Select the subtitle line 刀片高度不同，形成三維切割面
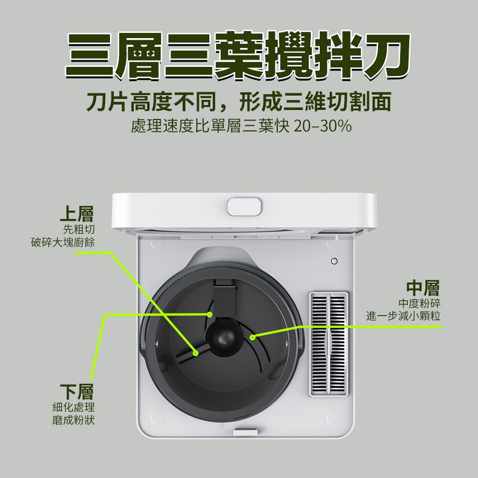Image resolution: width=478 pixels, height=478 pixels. pos(238,101)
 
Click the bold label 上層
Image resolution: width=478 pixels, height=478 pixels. pos(76,214)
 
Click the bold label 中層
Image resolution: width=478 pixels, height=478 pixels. pos(423,288)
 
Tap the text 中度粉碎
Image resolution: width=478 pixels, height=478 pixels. pos(420,303)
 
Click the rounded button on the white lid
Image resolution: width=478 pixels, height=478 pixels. pos(245,207)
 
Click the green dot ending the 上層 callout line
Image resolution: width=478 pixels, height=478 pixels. pos(196,353)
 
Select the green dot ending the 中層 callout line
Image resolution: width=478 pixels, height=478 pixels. pos(253,337)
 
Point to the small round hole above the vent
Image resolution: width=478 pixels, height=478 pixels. pos(334,261)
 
